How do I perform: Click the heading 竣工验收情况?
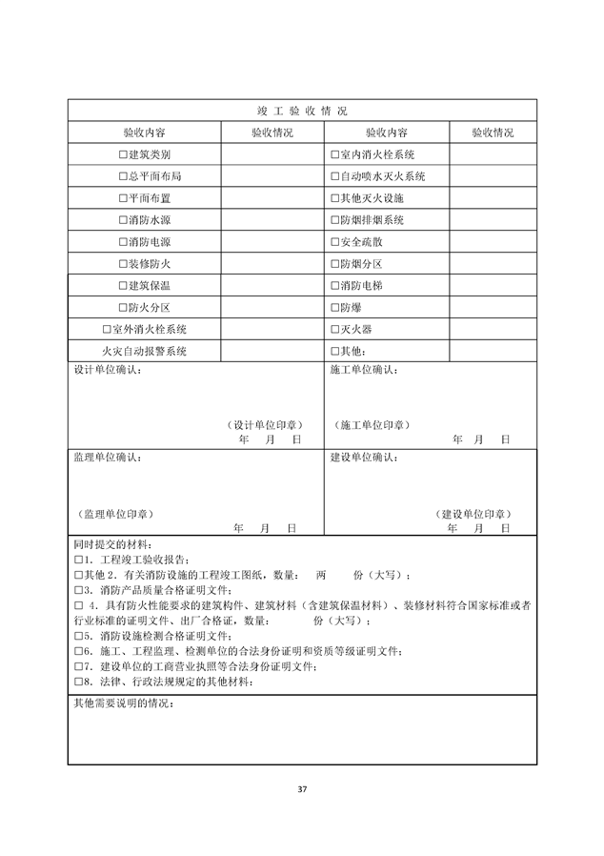[301, 111]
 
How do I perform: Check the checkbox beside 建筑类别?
[122, 154]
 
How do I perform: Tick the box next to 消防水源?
[122, 220]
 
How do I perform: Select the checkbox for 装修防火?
[122, 264]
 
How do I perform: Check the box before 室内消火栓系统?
[334, 154]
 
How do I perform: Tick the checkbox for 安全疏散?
[334, 242]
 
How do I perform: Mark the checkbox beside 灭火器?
[334, 330]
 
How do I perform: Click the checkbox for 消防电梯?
[334, 286]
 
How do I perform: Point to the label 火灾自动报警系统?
[144, 352]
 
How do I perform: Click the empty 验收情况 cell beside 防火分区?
[272, 308]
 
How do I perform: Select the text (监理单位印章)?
[113, 514]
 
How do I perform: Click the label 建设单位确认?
[364, 458]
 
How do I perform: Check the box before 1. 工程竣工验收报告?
[78, 560]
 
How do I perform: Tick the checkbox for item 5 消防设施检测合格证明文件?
[78, 636]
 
